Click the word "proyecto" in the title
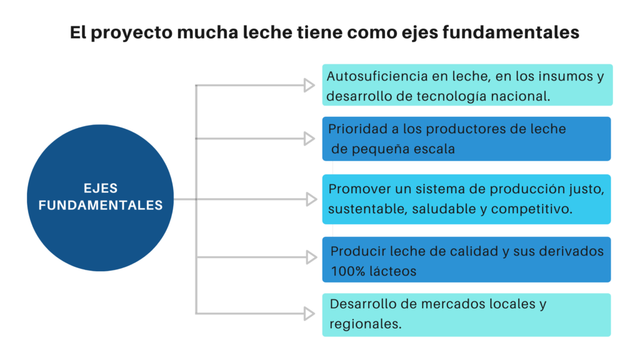(x=131, y=33)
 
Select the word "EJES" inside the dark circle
(x=101, y=188)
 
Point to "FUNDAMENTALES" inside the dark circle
(x=101, y=205)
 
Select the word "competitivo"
(x=531, y=209)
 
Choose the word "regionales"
(x=365, y=324)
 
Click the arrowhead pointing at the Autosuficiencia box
(x=309, y=85)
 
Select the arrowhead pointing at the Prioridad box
(x=309, y=138)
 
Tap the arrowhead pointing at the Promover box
(x=311, y=199)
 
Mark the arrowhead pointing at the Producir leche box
(x=311, y=257)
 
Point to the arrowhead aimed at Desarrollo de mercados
(x=309, y=314)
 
